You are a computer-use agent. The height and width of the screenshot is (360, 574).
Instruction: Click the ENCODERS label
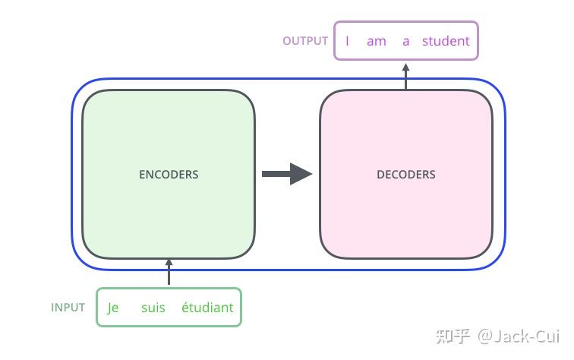tap(169, 175)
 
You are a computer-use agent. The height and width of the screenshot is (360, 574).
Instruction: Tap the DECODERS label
tap(406, 175)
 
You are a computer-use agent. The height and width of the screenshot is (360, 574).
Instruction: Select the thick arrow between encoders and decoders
tap(287, 174)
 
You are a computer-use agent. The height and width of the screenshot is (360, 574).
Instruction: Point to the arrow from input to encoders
tap(169, 272)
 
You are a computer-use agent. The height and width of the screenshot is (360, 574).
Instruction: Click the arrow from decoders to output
tap(405, 76)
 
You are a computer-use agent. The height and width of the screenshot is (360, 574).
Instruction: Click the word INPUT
tap(68, 308)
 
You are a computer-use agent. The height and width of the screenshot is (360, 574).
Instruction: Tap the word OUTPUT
tap(305, 41)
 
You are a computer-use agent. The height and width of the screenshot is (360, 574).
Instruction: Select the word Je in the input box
tap(112, 308)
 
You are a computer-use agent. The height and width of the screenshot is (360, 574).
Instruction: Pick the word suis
tap(153, 308)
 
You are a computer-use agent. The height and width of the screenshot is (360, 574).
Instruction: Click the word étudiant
tap(207, 307)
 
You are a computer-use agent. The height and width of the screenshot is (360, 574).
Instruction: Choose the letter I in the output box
tap(347, 41)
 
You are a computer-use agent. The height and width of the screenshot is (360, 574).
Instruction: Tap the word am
tap(377, 41)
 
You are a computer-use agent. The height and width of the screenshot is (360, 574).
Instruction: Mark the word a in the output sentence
tap(405, 42)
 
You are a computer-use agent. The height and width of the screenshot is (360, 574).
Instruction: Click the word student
tap(446, 41)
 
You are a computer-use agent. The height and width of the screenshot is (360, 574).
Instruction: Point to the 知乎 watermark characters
tap(453, 336)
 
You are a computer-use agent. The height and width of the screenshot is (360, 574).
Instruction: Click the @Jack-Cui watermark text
tap(519, 336)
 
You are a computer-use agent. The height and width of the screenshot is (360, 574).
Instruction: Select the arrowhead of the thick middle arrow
tap(301, 174)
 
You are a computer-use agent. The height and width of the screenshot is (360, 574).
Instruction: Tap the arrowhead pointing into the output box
tap(405, 67)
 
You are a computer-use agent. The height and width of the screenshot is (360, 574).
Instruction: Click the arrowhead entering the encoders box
tap(169, 262)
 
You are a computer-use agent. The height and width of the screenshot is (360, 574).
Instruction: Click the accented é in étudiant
tap(185, 307)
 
